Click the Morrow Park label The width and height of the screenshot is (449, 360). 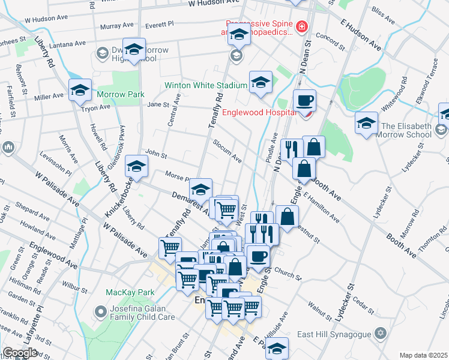(121, 94)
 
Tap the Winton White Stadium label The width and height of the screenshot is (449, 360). (206, 85)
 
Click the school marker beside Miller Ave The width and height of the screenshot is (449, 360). (80, 91)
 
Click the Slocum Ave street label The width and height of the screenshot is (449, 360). (228, 151)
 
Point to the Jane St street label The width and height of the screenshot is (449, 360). (158, 104)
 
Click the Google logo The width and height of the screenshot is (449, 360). (20, 353)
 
